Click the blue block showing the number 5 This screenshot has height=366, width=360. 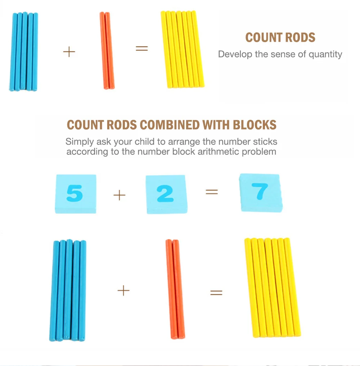[75, 194]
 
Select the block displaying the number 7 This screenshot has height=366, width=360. [261, 193]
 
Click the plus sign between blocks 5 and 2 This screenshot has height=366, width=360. [120, 195]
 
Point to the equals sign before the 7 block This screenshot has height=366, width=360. [212, 192]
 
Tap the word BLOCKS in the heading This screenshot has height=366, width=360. [255, 125]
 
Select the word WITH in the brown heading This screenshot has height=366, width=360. [216, 125]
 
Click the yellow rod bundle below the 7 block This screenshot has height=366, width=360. [273, 287]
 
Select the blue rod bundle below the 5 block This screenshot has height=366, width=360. [68, 290]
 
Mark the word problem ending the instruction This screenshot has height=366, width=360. [259, 151]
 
